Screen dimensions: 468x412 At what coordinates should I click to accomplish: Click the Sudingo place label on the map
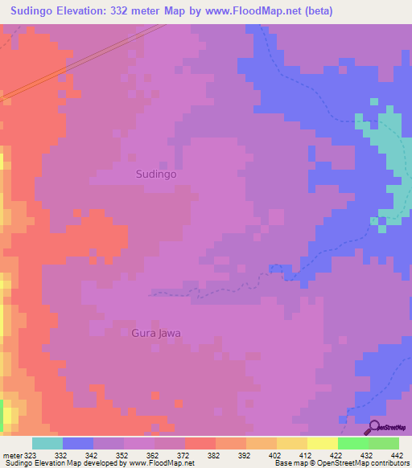click(x=156, y=173)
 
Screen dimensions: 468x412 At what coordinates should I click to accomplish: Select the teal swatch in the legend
click(x=47, y=443)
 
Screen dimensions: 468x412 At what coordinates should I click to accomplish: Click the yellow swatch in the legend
click(x=322, y=443)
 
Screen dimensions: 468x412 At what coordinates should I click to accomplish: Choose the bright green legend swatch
click(x=352, y=443)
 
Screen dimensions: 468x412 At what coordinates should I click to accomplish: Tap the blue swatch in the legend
click(x=78, y=443)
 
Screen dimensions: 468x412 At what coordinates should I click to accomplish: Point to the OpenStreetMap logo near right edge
click(x=387, y=216)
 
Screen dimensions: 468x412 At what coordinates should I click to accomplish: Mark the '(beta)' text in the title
click(x=314, y=10)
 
